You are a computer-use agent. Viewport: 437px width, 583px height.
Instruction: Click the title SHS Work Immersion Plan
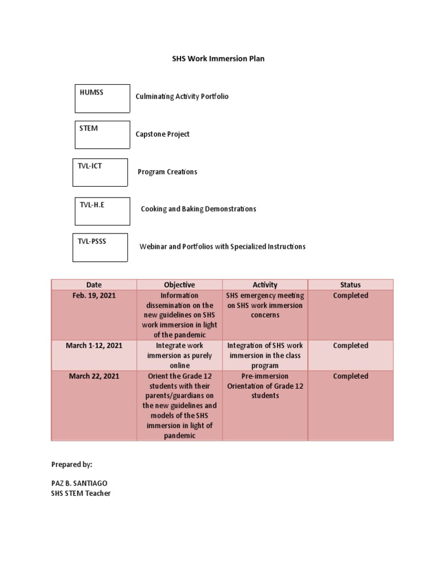[x=218, y=59]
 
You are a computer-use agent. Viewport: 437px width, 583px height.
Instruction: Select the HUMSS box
[x=102, y=98]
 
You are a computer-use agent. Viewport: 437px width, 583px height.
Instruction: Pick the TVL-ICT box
[x=100, y=173]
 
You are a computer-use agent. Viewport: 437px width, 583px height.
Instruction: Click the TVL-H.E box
[x=102, y=211]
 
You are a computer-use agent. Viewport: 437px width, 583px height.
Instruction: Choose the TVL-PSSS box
[x=100, y=248]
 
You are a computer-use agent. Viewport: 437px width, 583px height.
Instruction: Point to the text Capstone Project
[x=162, y=134]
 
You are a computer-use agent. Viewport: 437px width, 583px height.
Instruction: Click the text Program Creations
[x=167, y=172]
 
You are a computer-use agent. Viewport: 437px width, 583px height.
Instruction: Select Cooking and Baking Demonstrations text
[x=199, y=209]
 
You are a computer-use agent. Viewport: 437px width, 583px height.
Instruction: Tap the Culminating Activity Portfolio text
[x=182, y=97]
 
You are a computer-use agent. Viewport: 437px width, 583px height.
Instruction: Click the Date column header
[x=94, y=285]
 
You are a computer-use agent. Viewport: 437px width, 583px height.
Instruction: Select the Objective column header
[x=179, y=285]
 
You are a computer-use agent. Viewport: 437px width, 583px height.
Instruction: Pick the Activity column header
[x=265, y=285]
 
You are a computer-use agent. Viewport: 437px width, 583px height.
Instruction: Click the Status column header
[x=351, y=285]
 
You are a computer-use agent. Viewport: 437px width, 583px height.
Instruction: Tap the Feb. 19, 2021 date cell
[x=94, y=295]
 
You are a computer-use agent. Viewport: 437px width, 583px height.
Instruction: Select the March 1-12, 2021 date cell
[x=94, y=346]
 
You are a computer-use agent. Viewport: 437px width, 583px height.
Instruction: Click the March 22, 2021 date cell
[x=94, y=376]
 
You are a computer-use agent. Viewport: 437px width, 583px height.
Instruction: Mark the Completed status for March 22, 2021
[x=351, y=376]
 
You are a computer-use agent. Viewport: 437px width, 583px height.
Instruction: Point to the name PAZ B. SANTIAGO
[x=79, y=483]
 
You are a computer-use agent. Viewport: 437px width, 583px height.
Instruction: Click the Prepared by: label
[x=72, y=465]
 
